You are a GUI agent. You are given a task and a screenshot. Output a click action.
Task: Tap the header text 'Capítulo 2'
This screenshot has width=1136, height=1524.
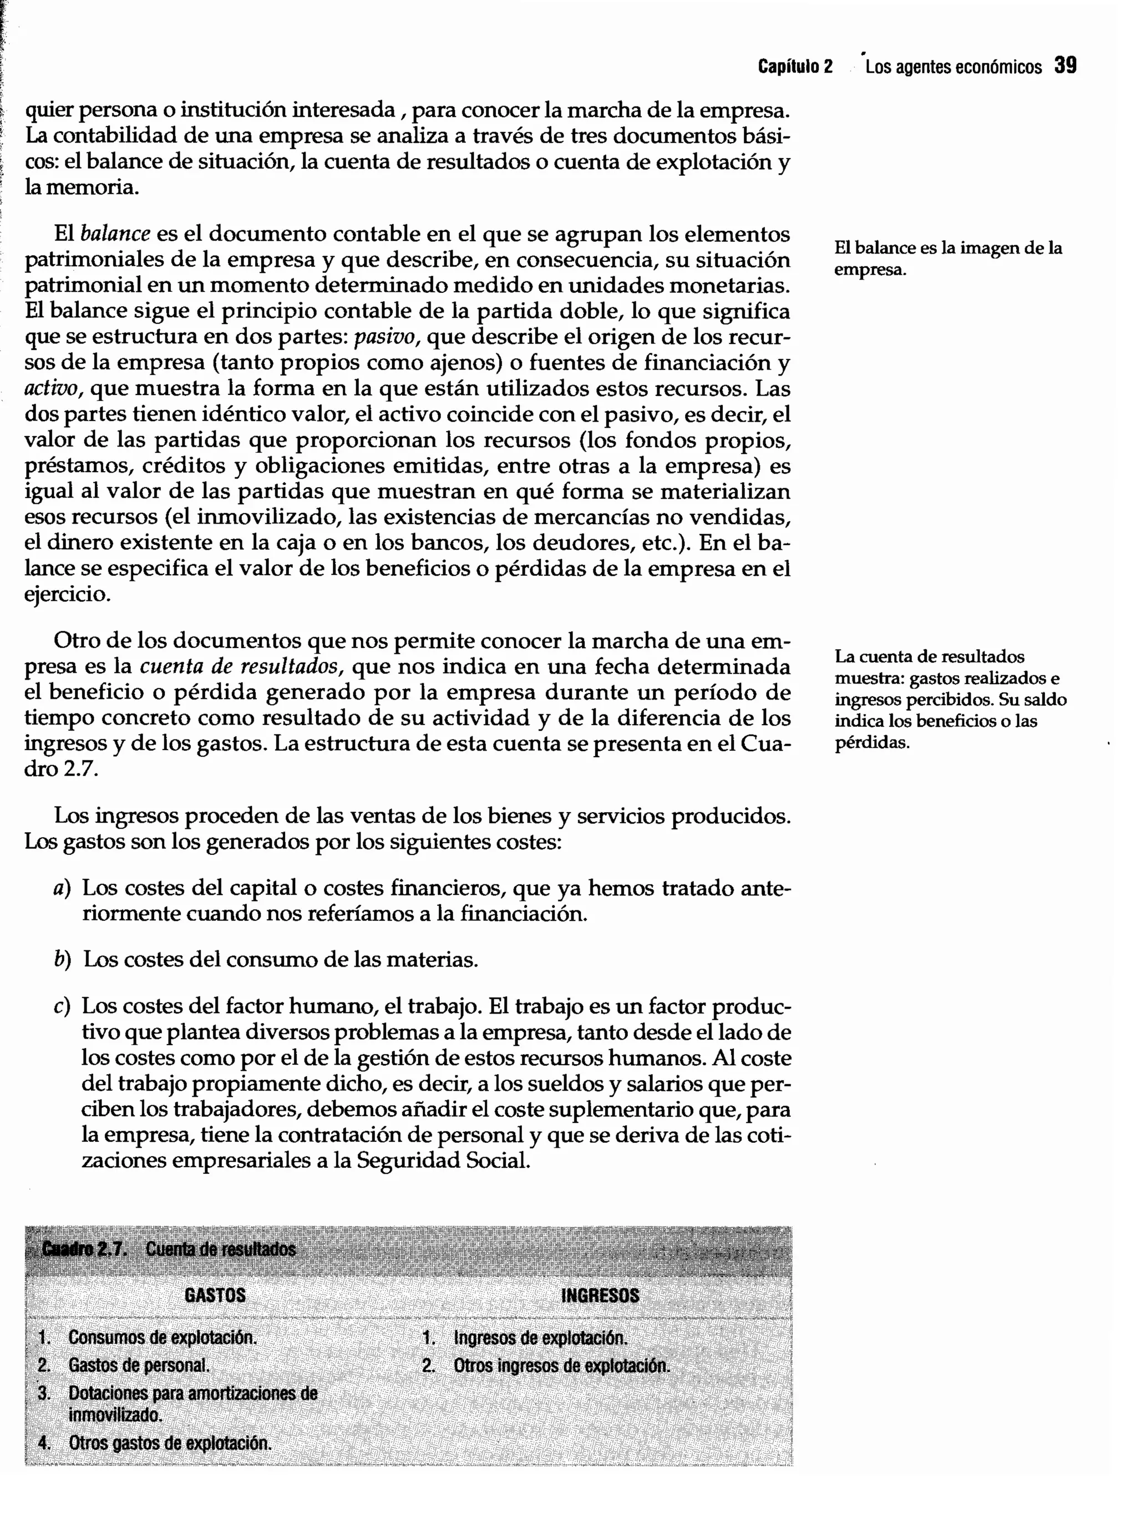[795, 67]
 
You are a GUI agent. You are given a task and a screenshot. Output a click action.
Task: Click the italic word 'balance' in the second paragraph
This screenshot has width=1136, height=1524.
[115, 235]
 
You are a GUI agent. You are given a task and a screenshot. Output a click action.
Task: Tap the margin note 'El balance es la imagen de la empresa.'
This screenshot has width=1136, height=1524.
[947, 258]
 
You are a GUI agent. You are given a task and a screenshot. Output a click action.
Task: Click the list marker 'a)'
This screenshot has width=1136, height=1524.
[62, 889]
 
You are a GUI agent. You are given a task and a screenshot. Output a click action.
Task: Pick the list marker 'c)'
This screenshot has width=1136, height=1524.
[62, 1007]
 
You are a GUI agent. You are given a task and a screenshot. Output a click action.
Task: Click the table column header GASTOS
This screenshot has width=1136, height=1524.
[215, 1295]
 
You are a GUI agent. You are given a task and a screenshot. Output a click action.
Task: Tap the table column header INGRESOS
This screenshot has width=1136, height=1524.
[600, 1295]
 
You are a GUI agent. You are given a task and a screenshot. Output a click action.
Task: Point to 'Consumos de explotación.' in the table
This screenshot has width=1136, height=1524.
[163, 1338]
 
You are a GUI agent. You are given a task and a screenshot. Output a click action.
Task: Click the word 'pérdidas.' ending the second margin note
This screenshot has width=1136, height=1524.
[872, 743]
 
